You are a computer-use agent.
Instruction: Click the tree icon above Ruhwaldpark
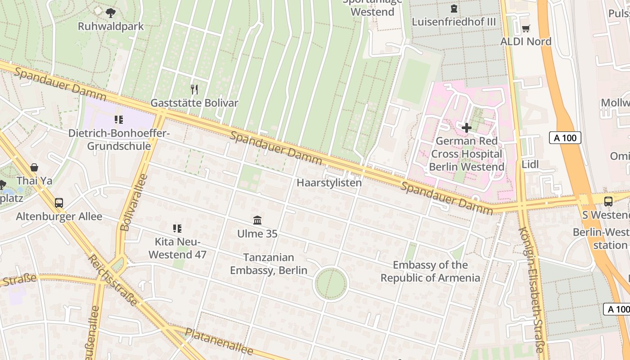coord(111,13)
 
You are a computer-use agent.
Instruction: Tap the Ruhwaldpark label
coord(111,26)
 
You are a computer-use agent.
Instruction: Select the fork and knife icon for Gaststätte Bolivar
coord(194,89)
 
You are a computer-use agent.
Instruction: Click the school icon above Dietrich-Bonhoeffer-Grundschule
coord(119,120)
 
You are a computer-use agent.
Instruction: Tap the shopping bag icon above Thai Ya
coord(34,167)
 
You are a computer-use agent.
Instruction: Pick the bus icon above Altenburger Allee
coord(59,202)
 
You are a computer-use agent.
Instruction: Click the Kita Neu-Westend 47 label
coord(177,248)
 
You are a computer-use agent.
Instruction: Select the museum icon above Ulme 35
coord(257,220)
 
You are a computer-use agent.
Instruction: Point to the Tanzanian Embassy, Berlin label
coord(269,264)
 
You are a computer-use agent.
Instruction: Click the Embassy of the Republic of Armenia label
coord(430,271)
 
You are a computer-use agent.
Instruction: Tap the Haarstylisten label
coord(329,183)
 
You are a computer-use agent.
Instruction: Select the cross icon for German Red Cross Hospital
coord(467,128)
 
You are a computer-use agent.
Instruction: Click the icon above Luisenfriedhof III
coord(454,9)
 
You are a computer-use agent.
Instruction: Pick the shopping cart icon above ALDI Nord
coord(526,28)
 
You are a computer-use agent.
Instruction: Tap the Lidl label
coord(530,165)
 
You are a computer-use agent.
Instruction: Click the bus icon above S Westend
coord(608,201)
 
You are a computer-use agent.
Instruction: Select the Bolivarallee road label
coord(134,202)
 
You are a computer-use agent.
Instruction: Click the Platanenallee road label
coord(219,341)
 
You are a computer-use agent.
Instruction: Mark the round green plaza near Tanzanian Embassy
coord(331,284)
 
